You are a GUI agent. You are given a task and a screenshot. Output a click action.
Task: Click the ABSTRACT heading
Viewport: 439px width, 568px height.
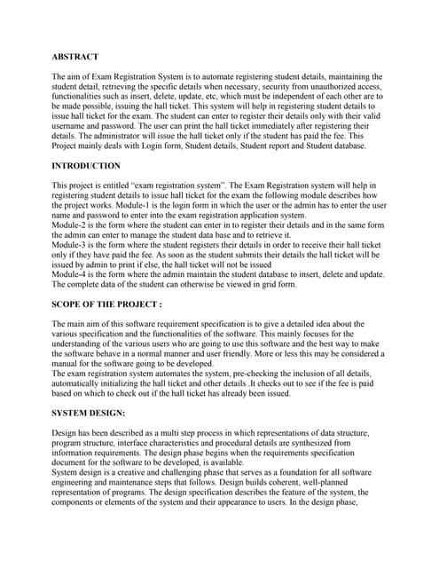coord(74,56)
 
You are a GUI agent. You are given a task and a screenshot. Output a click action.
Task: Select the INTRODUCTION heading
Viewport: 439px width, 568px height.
coord(86,166)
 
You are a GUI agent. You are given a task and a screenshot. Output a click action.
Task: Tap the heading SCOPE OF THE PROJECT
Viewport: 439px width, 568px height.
coord(106,304)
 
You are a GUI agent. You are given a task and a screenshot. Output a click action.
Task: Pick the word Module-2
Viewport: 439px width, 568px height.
coord(73,227)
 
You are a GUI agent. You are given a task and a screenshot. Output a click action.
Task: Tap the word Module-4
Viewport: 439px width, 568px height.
coord(73,274)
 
